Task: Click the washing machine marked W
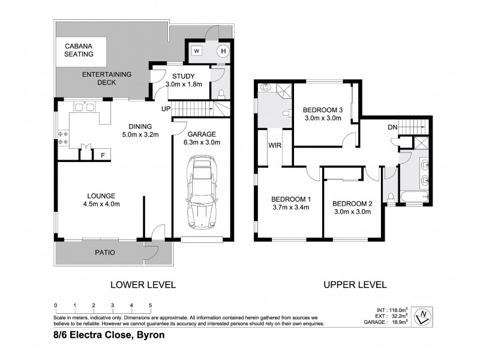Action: coord(196,51)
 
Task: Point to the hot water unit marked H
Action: coord(223,51)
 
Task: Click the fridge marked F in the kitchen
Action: coord(103,155)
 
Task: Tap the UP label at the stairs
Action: coord(165,109)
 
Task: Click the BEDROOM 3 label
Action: coord(322,110)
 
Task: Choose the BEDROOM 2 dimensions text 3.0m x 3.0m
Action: coord(353,212)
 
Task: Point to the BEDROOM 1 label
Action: coord(291,199)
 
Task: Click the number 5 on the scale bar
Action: coord(150,305)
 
